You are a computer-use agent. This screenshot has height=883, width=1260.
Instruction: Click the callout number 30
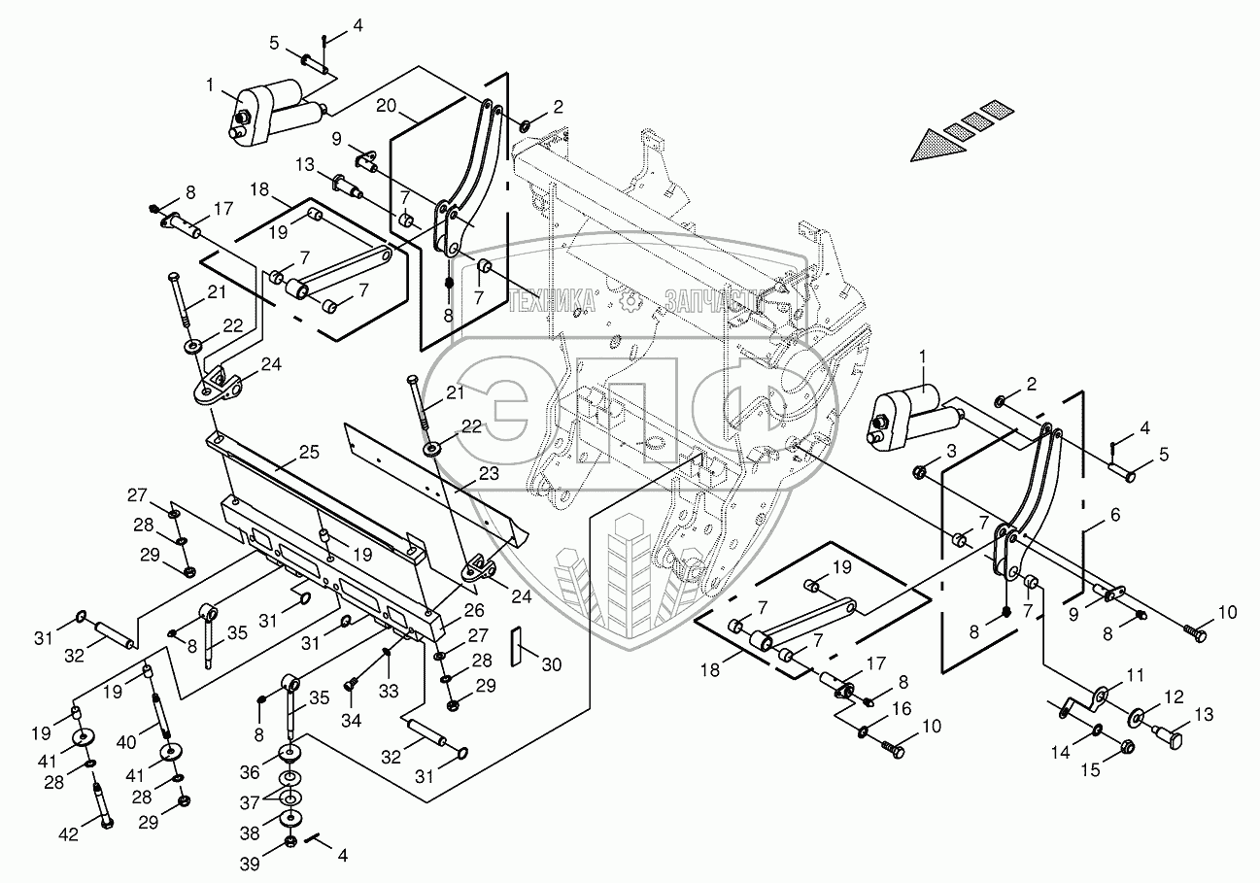coord(552,664)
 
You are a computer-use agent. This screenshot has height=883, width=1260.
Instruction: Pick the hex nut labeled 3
coord(919,472)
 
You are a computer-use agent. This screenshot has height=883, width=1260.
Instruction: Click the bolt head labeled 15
coord(1128,747)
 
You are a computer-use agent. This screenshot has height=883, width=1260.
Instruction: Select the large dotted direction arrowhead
coord(935,145)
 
